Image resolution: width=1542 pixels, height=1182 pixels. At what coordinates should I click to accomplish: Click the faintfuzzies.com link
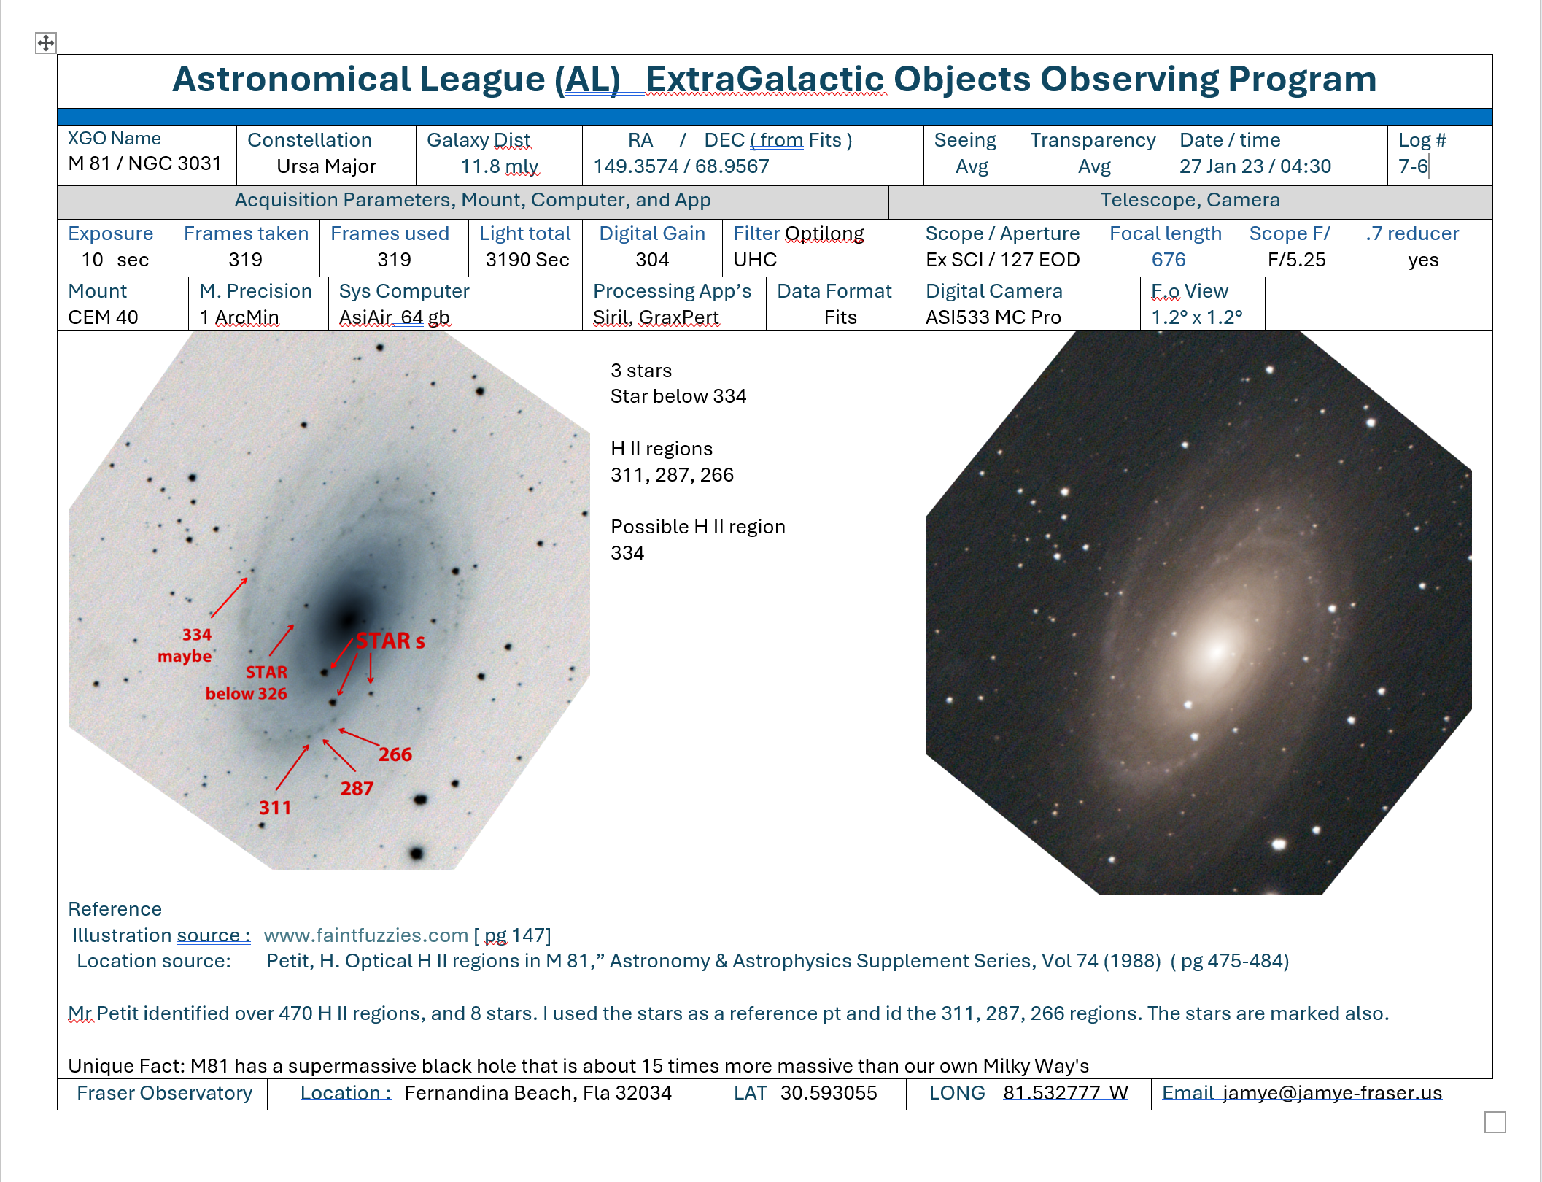click(365, 935)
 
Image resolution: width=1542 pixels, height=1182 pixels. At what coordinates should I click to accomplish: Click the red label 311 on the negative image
click(275, 808)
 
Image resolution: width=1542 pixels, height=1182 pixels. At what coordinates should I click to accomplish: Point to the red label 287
click(357, 789)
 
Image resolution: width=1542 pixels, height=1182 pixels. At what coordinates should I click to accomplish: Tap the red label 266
click(395, 754)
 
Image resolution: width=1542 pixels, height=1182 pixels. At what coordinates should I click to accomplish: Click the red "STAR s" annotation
click(390, 641)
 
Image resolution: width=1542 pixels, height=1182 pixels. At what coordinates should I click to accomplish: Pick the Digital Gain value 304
click(652, 260)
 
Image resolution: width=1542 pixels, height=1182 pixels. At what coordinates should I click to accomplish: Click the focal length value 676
click(1169, 260)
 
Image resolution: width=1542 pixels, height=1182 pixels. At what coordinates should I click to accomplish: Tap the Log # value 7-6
click(1413, 166)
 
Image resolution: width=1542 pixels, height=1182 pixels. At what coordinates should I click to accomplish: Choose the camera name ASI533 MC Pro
click(993, 317)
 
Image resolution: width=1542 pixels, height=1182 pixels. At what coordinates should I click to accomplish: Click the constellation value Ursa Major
click(326, 166)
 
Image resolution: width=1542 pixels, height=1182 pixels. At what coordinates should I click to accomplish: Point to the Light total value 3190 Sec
click(527, 260)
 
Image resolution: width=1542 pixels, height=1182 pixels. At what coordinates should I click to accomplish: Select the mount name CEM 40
click(103, 317)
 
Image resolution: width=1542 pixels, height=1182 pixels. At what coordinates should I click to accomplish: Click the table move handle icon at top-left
click(46, 43)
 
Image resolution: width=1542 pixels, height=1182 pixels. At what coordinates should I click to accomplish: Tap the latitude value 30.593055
click(829, 1093)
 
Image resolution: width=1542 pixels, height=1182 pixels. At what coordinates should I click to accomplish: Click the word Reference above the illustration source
click(115, 909)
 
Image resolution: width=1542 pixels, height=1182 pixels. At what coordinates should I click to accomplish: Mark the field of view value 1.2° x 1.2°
click(1196, 317)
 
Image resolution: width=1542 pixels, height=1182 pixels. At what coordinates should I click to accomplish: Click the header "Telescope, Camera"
click(1190, 200)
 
